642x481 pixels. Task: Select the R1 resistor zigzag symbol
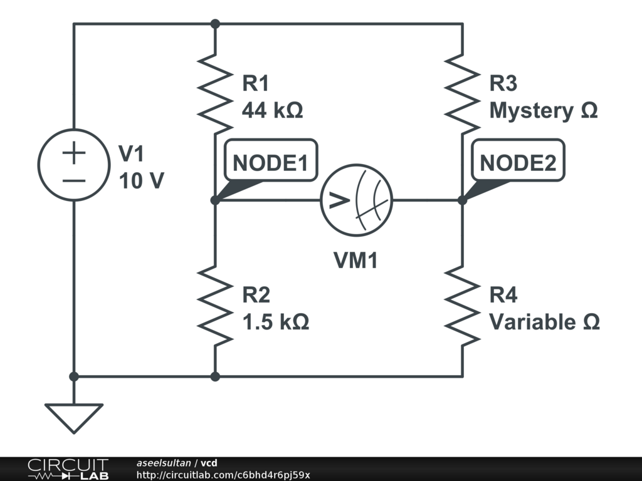click(x=215, y=94)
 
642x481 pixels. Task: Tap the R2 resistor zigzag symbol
click(x=215, y=306)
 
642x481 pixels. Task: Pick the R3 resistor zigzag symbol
click(x=463, y=94)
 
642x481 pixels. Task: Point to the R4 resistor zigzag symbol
click(x=463, y=306)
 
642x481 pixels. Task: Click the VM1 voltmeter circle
click(x=356, y=200)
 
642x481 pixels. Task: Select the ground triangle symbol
click(x=74, y=416)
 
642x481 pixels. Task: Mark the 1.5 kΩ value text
click(x=275, y=322)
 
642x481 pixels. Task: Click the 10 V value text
click(x=141, y=181)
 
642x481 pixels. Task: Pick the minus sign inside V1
click(x=74, y=181)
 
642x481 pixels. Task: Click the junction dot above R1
click(x=215, y=24)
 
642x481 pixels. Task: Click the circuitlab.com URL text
click(x=223, y=475)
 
